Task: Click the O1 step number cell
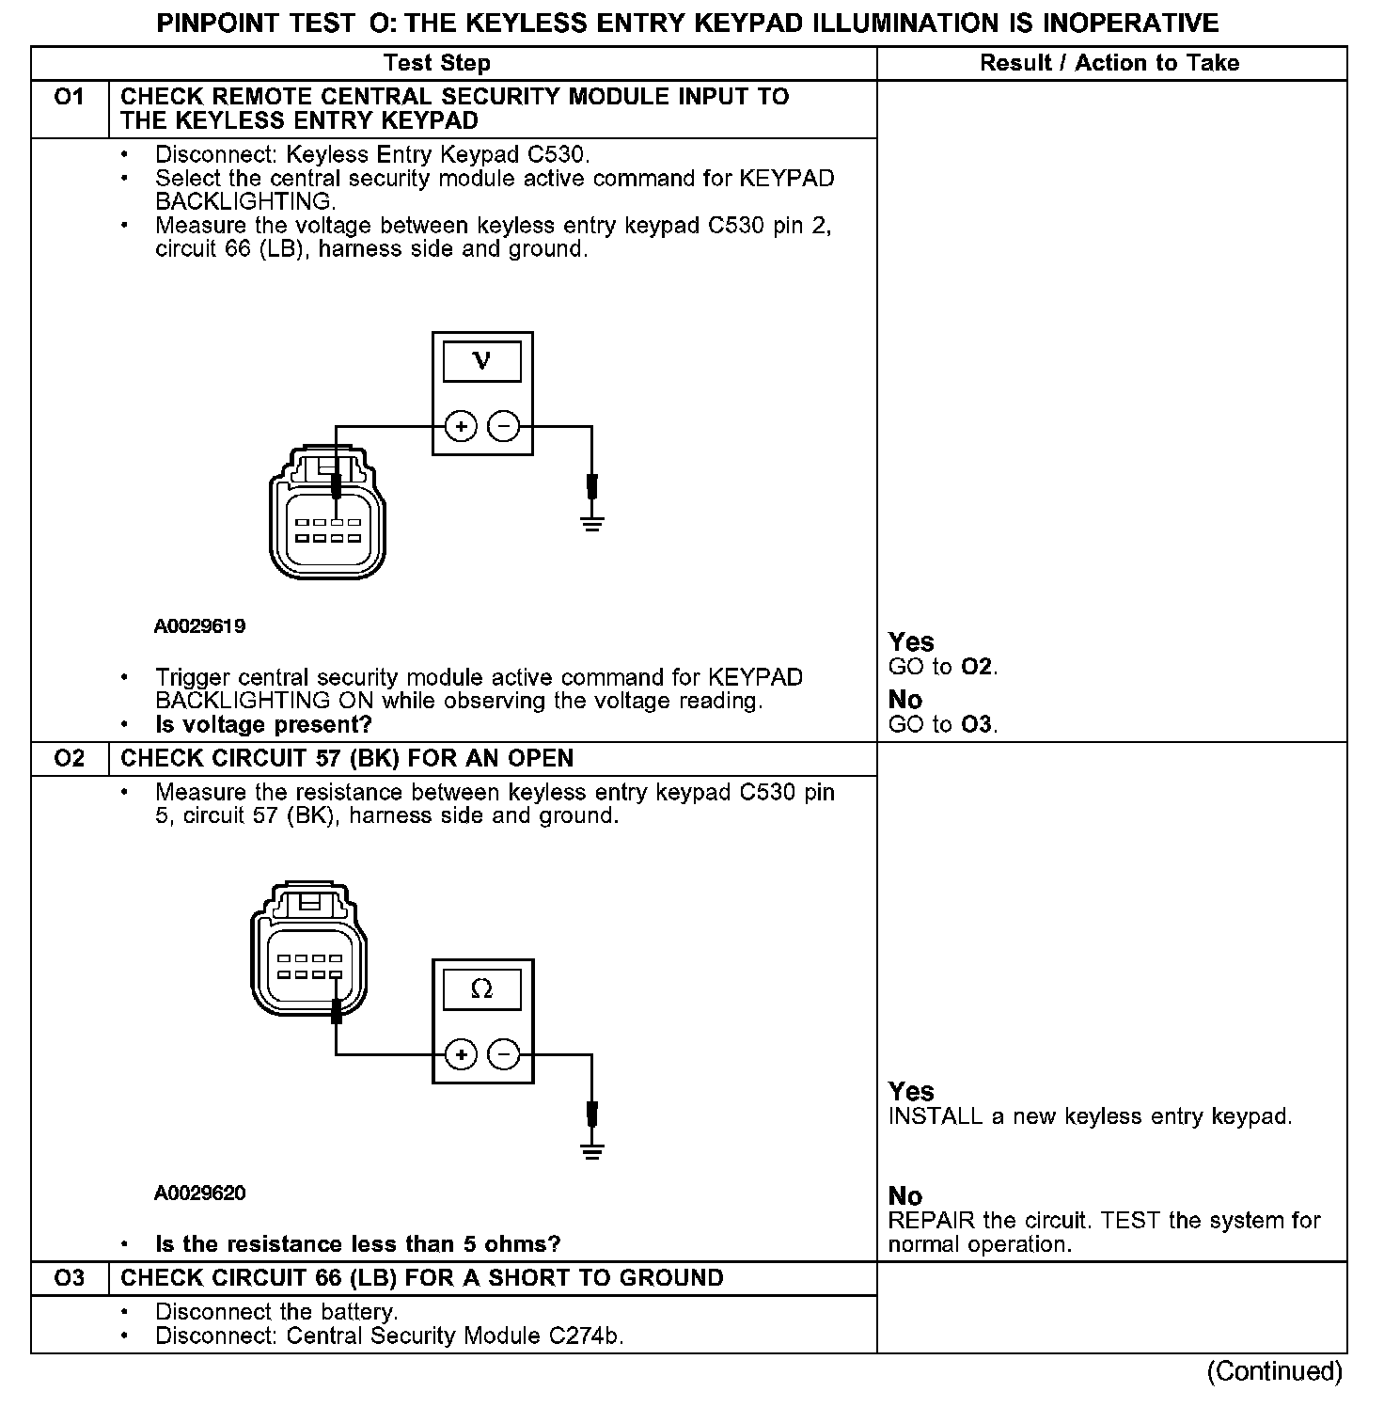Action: (x=70, y=98)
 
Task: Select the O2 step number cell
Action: (x=70, y=759)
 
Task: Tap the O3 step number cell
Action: (x=70, y=1278)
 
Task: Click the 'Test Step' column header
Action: (x=437, y=63)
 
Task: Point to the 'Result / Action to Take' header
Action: (x=1109, y=63)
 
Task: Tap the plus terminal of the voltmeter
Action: (x=461, y=427)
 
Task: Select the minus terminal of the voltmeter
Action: (x=505, y=427)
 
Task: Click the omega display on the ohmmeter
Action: (x=482, y=989)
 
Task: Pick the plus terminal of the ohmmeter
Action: (x=461, y=1054)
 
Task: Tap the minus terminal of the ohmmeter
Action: (x=505, y=1054)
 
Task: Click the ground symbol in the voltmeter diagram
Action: (x=591, y=523)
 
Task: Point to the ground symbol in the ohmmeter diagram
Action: (x=591, y=1150)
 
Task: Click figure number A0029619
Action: (x=200, y=626)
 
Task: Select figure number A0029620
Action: (x=200, y=1194)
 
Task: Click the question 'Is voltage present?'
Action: (x=263, y=725)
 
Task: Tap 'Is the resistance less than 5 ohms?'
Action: (x=357, y=1244)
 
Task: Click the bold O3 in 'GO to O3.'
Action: (x=977, y=725)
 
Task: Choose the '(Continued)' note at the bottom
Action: (x=1274, y=1371)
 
